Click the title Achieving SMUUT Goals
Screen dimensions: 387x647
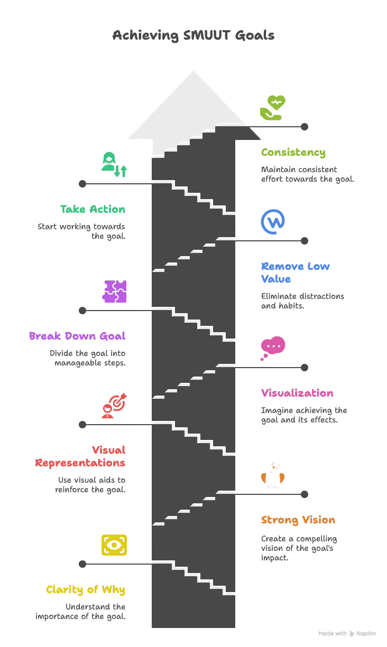tap(193, 35)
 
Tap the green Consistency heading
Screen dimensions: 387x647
tap(293, 153)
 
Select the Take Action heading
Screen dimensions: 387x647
tap(93, 209)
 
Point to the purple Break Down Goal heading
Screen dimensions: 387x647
tap(77, 336)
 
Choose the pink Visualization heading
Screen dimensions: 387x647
tap(297, 393)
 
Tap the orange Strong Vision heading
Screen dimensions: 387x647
tap(298, 520)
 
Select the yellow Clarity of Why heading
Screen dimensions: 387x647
tap(86, 589)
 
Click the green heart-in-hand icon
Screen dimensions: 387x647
tap(273, 108)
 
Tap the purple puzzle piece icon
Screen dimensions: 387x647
tap(114, 292)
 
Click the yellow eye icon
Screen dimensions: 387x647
tap(114, 545)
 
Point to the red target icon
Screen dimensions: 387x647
tap(114, 406)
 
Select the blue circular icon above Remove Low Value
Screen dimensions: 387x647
tap(273, 222)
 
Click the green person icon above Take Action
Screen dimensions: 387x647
tap(114, 164)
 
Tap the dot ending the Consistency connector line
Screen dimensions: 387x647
tap(305, 127)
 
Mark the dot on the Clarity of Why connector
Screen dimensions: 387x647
tap(82, 564)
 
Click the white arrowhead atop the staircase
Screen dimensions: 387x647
tap(193, 106)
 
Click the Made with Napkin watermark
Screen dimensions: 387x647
tap(347, 633)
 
